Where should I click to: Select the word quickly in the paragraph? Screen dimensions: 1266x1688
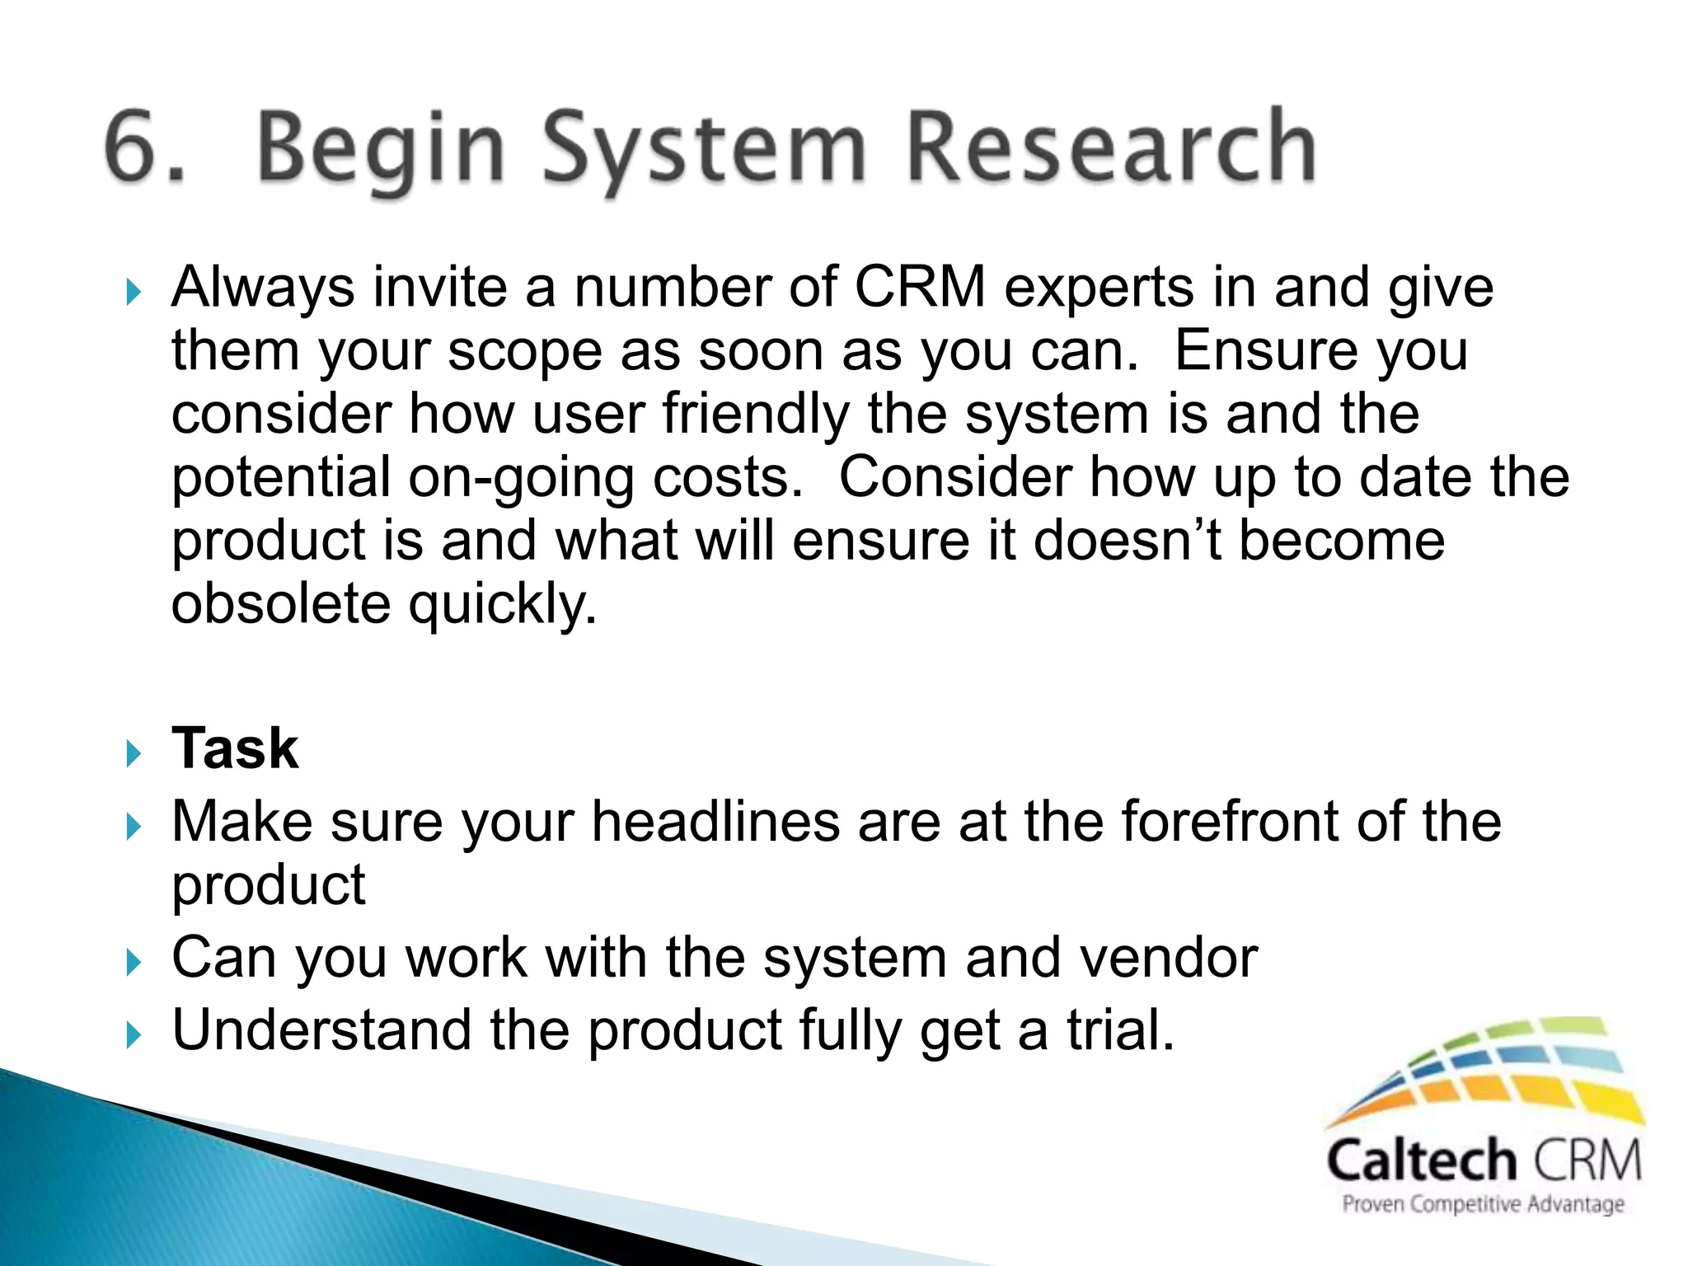(502, 606)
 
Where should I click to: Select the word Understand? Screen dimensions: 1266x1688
(321, 1030)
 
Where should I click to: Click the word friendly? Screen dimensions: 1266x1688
(755, 414)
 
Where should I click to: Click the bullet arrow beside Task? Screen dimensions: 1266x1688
(134, 753)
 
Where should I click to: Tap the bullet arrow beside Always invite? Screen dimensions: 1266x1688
(134, 292)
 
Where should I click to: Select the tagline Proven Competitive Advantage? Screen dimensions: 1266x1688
(1483, 1204)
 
